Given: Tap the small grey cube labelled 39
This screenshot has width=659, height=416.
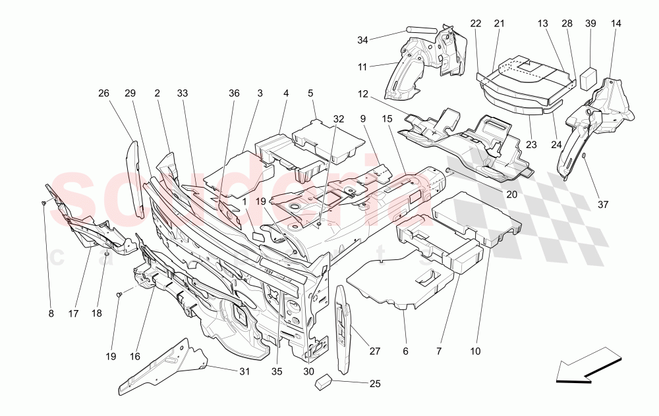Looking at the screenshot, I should point(587,78).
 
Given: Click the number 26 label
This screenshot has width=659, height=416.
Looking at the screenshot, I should point(103,93).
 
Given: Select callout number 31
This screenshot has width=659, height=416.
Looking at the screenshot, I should point(244,372).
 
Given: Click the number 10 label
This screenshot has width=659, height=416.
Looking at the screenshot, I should point(475,352).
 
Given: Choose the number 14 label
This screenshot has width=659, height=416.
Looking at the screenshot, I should point(616,24).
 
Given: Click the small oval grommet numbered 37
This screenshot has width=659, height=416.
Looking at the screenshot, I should point(584,155).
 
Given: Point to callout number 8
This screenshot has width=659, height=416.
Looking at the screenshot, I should point(51,314).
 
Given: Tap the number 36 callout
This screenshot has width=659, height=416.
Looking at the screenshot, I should point(234,93).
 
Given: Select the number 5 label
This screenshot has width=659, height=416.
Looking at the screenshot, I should point(310,93).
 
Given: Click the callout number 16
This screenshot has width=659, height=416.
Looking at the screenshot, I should point(135,356).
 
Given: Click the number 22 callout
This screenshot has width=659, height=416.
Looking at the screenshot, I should point(476,24).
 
